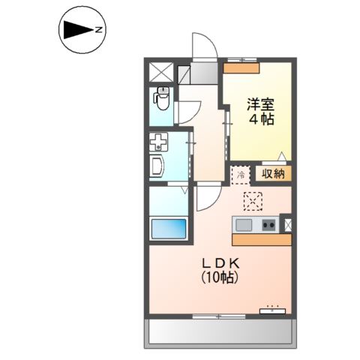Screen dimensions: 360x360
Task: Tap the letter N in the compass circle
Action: [x=99, y=30]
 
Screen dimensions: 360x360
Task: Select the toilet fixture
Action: [x=163, y=98]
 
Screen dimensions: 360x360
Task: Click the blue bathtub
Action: [x=169, y=229]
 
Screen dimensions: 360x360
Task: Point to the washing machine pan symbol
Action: [x=158, y=142]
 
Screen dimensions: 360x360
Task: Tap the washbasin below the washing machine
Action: [x=157, y=166]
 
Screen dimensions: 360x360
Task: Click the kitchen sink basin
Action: [x=244, y=225]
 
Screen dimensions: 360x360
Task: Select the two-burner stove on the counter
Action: [x=268, y=225]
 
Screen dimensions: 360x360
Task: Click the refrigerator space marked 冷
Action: [x=241, y=175]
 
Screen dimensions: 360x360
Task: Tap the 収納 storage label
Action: [x=273, y=173]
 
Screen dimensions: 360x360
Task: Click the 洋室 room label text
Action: [x=261, y=104]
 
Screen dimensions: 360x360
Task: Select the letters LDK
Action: [x=220, y=263]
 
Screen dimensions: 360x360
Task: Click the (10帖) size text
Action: [x=220, y=277]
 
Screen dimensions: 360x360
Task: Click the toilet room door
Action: [x=188, y=112]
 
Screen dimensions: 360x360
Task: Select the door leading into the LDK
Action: [x=209, y=197]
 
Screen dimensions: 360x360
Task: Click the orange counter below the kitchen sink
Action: [x=262, y=240]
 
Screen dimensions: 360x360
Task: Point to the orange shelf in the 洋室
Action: [x=241, y=68]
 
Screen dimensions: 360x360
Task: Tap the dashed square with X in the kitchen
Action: [x=253, y=201]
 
